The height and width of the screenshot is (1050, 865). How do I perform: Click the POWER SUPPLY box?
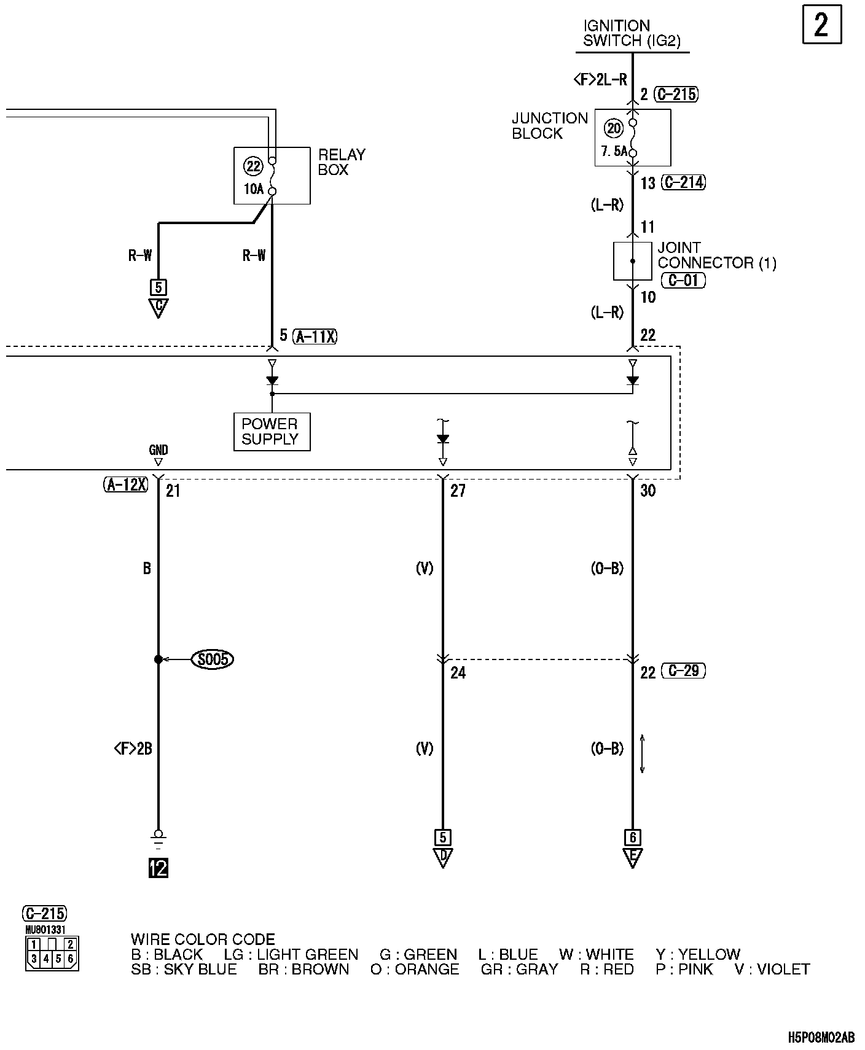tap(272, 432)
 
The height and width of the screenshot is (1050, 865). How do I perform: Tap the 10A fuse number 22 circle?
tap(253, 166)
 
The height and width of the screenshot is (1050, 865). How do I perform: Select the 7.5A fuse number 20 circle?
tap(614, 128)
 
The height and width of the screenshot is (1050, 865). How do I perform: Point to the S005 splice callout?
tap(213, 659)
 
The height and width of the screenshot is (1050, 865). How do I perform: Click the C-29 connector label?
tap(683, 671)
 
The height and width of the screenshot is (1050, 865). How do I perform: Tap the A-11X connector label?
tap(315, 336)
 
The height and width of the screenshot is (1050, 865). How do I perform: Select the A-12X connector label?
tap(126, 485)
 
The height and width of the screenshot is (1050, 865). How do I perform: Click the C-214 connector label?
tap(683, 182)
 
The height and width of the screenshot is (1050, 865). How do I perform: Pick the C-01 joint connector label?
tap(683, 281)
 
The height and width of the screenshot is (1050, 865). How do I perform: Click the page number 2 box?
tap(822, 25)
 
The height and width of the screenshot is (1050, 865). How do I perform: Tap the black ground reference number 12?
tap(158, 868)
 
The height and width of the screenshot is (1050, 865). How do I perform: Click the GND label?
tap(158, 449)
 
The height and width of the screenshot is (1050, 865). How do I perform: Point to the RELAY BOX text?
tap(341, 162)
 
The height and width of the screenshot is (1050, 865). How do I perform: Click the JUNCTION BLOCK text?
tap(550, 125)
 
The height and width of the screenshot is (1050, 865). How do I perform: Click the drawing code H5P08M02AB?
tap(821, 1037)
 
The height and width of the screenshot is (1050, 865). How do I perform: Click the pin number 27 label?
tap(458, 491)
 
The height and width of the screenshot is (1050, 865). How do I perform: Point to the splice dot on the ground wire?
tap(158, 659)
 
